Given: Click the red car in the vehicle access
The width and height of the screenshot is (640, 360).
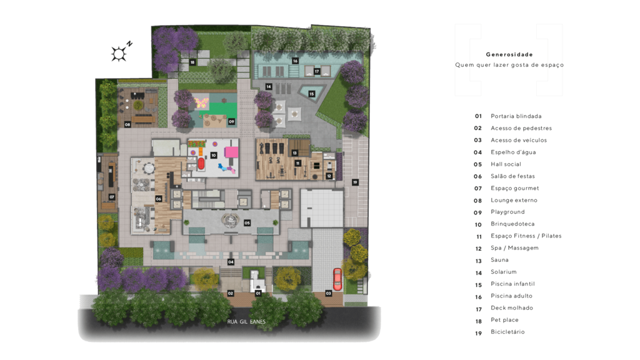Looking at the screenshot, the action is [x=337, y=279].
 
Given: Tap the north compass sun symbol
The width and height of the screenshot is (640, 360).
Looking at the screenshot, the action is [x=119, y=54].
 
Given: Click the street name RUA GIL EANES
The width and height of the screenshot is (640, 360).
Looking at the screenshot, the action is [x=246, y=322].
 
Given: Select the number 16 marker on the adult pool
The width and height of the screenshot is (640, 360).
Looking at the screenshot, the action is [x=295, y=61].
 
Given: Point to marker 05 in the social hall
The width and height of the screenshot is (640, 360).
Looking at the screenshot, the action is [x=247, y=222].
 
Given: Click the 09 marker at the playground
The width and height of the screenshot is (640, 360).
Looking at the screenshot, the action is [x=231, y=121].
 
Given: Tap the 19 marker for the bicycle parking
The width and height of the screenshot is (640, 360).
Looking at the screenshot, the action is [x=355, y=182].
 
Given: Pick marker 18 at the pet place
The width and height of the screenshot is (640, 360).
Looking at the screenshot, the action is [x=192, y=62].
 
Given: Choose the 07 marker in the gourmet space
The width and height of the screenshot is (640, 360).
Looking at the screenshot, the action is [x=111, y=197].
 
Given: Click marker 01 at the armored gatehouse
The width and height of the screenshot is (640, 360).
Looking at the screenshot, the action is [x=257, y=292].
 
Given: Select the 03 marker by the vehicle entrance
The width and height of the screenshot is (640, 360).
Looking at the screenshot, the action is [x=329, y=293].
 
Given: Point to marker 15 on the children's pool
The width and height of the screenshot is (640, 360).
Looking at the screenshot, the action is [x=311, y=94].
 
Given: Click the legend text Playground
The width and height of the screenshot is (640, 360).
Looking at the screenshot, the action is [x=507, y=212].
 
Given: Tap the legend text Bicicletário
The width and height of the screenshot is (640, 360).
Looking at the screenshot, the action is [x=507, y=332].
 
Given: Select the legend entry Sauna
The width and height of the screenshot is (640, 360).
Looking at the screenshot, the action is [x=499, y=260].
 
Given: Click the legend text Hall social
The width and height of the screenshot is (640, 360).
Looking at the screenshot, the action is [x=506, y=164].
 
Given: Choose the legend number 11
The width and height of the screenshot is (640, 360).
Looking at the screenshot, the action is [x=478, y=236].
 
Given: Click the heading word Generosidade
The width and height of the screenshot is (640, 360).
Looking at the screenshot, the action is [x=509, y=54].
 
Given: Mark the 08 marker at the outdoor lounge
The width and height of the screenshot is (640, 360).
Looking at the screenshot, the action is [x=127, y=124].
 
